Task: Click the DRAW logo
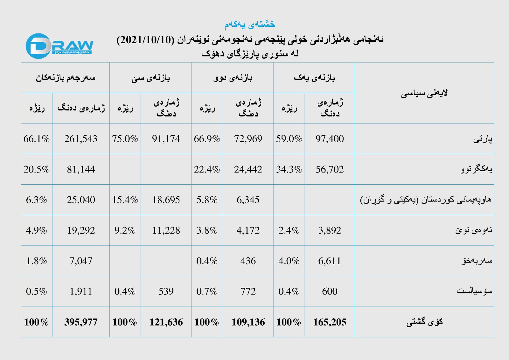click(59, 46)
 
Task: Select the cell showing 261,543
click(81, 139)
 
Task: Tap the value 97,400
click(330, 139)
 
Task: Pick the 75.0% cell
click(125, 139)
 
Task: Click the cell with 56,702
click(330, 169)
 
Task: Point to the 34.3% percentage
click(289, 169)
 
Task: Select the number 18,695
click(166, 200)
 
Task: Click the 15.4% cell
click(125, 200)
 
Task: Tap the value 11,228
click(166, 230)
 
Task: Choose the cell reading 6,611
click(330, 261)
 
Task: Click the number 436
click(248, 261)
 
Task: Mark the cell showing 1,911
click(81, 292)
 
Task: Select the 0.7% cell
click(207, 292)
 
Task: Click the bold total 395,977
click(81, 322)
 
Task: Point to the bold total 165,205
click(330, 322)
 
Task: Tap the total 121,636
click(166, 322)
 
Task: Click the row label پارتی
click(483, 139)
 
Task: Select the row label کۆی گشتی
click(424, 322)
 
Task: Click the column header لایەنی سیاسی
click(424, 93)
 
